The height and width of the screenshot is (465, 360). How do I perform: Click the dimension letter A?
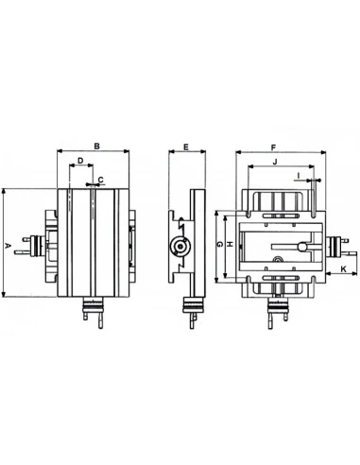9,246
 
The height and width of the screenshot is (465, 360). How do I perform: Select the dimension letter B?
97,146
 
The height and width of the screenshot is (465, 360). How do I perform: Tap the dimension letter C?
101,180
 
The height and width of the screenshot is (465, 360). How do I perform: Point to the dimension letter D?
80,161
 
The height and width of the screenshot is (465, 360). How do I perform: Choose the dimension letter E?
186,146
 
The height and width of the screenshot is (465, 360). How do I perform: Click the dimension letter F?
273,147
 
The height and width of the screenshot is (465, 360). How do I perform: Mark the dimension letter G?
220,244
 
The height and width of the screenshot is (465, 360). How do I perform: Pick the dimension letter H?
231,244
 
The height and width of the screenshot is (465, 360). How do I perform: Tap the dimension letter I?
299,175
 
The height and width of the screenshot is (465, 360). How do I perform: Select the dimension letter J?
275,162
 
